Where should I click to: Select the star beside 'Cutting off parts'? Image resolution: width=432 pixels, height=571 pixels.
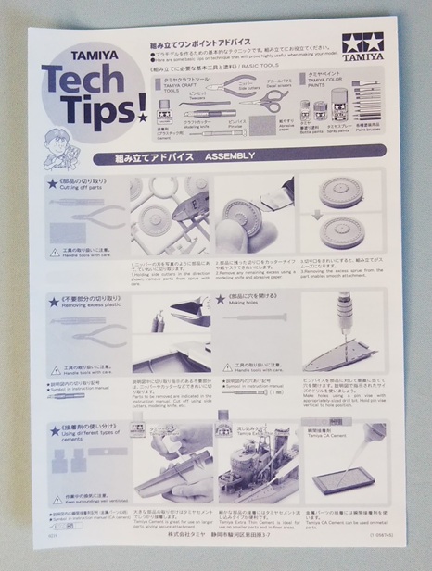click(x=52, y=184)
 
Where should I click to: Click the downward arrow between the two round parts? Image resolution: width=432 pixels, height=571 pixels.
click(x=332, y=218)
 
